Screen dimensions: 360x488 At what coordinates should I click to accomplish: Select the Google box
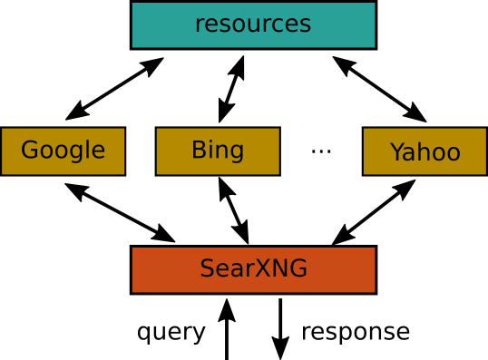pyautogui.click(x=63, y=151)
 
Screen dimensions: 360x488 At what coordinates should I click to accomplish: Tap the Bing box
pyautogui.click(x=217, y=151)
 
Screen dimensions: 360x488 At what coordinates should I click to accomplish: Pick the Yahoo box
pyautogui.click(x=425, y=151)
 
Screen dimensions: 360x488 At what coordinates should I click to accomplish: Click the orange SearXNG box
pyautogui.click(x=253, y=269)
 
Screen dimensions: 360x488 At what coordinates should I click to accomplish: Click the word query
pyautogui.click(x=171, y=332)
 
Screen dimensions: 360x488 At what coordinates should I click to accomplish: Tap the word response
pyautogui.click(x=355, y=332)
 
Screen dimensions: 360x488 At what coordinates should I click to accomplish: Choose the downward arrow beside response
pyautogui.click(x=280, y=328)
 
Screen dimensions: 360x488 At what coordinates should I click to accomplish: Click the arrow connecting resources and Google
pyautogui.click(x=114, y=89)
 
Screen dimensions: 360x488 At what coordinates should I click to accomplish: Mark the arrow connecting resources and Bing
pyautogui.click(x=231, y=89)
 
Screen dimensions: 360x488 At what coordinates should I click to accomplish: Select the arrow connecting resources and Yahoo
pyautogui.click(x=379, y=89)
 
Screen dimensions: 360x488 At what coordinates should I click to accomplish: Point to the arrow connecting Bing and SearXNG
pyautogui.click(x=234, y=210)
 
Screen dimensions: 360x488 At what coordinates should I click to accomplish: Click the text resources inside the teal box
pyautogui.click(x=253, y=24)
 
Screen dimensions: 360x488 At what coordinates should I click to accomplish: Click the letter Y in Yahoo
pyautogui.click(x=396, y=151)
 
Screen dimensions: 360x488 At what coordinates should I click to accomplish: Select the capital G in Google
pyautogui.click(x=29, y=151)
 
